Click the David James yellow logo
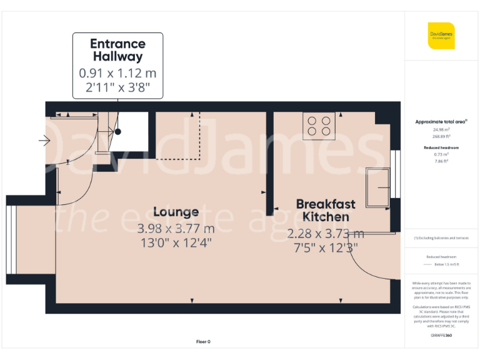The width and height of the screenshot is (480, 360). pyautogui.click(x=441, y=36)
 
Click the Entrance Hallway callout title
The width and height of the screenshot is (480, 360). pyautogui.click(x=117, y=50)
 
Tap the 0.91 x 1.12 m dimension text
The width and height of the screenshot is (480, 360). pyautogui.click(x=117, y=72)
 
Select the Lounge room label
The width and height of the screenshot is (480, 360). pyautogui.click(x=176, y=212)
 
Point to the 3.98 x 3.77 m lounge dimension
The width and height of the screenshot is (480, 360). pyautogui.click(x=176, y=227)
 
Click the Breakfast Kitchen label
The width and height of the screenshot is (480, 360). pyautogui.click(x=326, y=210)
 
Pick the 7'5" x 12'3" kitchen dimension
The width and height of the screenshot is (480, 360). pyautogui.click(x=326, y=247)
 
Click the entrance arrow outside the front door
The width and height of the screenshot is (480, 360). pyautogui.click(x=44, y=141)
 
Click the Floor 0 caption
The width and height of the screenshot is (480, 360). pyautogui.click(x=203, y=342)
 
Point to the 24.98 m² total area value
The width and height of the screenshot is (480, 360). pyautogui.click(x=441, y=129)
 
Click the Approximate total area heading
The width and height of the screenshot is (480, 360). pyautogui.click(x=441, y=121)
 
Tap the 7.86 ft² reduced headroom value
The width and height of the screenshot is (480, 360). pyautogui.click(x=441, y=161)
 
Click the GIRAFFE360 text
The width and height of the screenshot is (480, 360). pyautogui.click(x=441, y=336)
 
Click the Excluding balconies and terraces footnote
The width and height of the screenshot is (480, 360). pyautogui.click(x=441, y=238)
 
